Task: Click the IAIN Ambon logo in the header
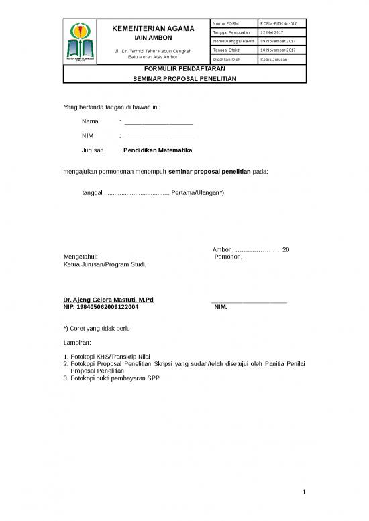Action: [x=81, y=42]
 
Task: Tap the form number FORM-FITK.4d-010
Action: [x=278, y=24]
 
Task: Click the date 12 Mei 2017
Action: [x=272, y=33]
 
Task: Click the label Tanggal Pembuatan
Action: [x=231, y=33]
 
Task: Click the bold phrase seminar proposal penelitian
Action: [x=209, y=171]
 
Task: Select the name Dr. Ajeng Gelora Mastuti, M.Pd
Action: [x=108, y=299]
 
